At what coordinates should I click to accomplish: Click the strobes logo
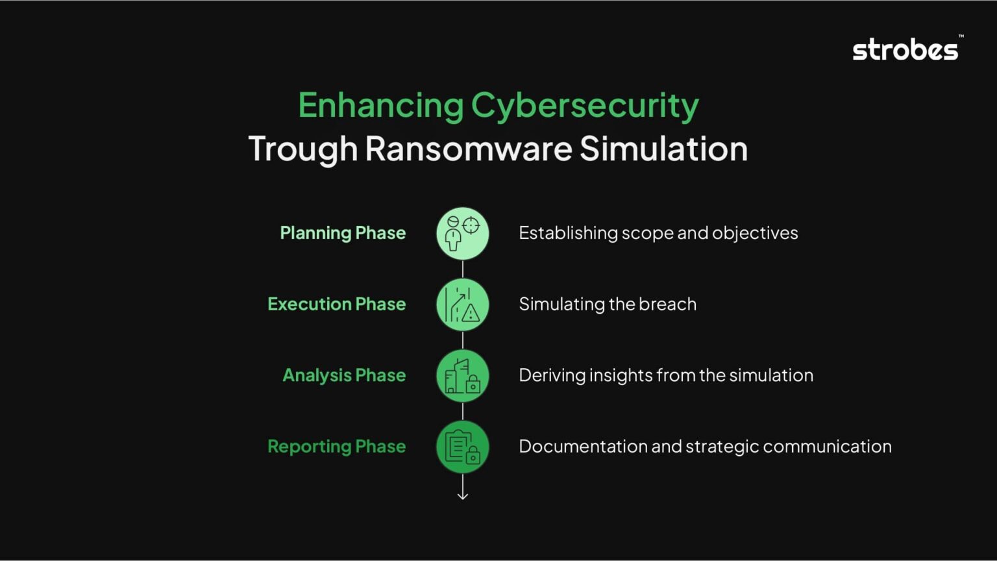[x=906, y=49]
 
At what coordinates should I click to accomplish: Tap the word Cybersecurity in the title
[x=584, y=106]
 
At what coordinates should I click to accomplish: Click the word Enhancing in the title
[x=380, y=106]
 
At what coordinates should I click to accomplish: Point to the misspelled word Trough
[x=302, y=149]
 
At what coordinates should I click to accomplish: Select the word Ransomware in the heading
[x=468, y=149]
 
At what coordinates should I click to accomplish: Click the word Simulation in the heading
[x=663, y=149]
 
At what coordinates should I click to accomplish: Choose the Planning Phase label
[x=343, y=233]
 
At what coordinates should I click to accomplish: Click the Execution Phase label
[x=336, y=304]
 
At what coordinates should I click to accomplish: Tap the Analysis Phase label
[x=344, y=375]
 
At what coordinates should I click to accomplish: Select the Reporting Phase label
[x=336, y=447]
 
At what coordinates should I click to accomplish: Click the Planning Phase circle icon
[x=463, y=234]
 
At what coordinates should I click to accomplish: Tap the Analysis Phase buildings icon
[x=463, y=376]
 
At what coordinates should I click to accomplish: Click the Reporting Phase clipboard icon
[x=463, y=447]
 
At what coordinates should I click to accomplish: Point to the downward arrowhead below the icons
[x=463, y=496]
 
